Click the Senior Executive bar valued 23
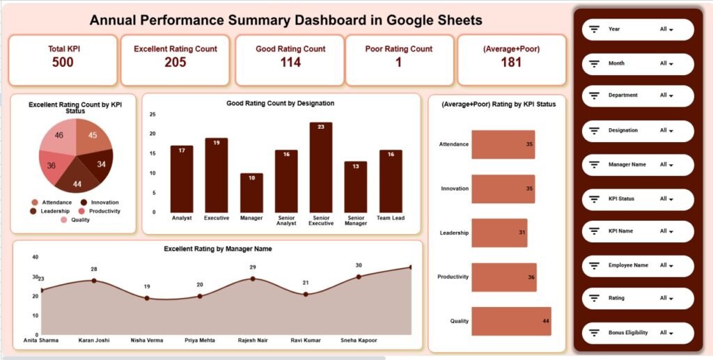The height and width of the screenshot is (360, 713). (320, 167)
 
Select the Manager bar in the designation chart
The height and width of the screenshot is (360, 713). (251, 193)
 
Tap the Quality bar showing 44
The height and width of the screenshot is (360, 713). (511, 321)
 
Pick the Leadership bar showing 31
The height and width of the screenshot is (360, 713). (499, 233)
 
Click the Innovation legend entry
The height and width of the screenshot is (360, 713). (100, 202)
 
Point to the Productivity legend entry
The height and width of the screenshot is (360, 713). (100, 211)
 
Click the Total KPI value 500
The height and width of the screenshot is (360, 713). (63, 63)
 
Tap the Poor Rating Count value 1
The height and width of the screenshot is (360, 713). (398, 63)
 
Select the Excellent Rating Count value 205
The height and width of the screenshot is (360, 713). (175, 63)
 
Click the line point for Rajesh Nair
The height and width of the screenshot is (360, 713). (253, 279)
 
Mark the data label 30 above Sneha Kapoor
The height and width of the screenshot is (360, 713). (358, 265)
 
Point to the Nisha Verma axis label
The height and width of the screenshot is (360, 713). (147, 341)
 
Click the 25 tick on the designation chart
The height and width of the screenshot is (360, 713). (152, 114)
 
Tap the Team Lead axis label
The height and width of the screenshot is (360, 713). (391, 217)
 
